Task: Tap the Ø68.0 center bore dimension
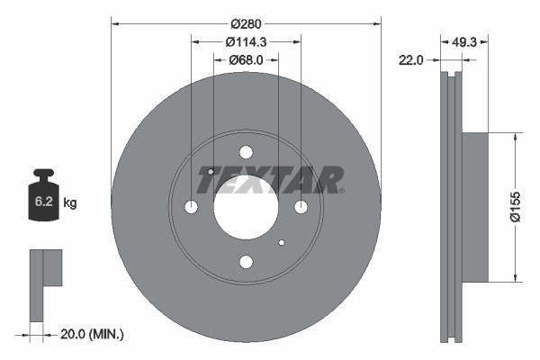246,60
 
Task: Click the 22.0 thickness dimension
411,59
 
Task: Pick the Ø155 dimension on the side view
529,207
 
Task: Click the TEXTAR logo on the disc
271,180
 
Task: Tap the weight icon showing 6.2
43,200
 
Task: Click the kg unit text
70,203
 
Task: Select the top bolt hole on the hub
246,152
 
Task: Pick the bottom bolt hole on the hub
246,262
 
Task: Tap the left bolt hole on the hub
191,207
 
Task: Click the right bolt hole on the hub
301,207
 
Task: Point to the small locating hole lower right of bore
282,242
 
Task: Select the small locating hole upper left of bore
210,171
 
